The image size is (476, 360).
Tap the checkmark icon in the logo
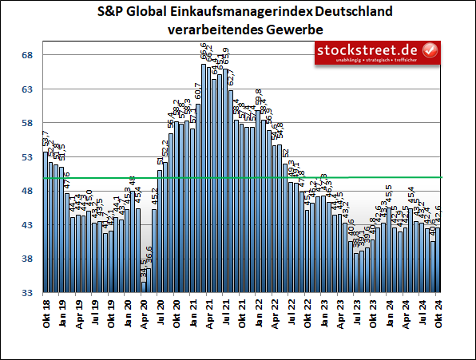[x=429, y=49]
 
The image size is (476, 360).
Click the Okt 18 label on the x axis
[x=46, y=311]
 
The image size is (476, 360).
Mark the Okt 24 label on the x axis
[x=438, y=311]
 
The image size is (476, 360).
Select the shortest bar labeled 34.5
[x=144, y=287]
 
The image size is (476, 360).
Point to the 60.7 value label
[x=197, y=89]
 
